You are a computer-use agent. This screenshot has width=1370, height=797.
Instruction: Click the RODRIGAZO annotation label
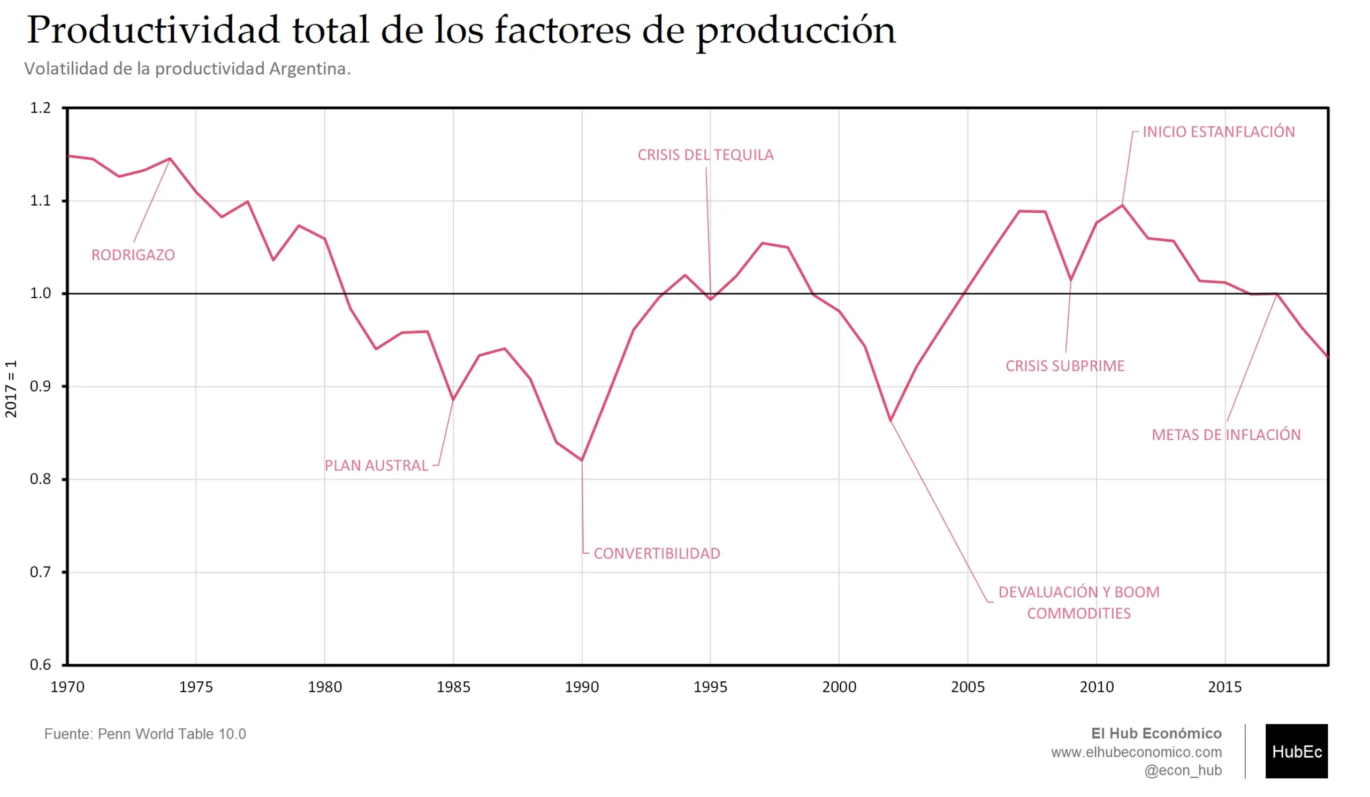(x=133, y=255)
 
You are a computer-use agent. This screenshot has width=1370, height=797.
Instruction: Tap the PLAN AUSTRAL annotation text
(x=376, y=465)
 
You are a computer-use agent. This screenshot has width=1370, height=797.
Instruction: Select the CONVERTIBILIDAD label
(x=657, y=554)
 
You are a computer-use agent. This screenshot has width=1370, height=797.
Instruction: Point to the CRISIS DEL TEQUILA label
(x=706, y=155)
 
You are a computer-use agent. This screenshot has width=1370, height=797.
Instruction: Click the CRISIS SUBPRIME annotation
(x=1065, y=366)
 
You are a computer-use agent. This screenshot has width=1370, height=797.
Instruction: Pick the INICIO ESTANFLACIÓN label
(x=1219, y=132)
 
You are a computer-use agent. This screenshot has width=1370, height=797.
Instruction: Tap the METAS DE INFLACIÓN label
(x=1227, y=435)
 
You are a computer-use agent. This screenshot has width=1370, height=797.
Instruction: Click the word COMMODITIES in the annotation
(x=1078, y=614)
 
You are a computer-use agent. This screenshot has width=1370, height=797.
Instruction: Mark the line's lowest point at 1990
(x=582, y=460)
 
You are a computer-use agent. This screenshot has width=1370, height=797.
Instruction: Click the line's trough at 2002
(x=890, y=420)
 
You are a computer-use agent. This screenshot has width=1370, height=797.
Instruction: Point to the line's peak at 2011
(x=1122, y=206)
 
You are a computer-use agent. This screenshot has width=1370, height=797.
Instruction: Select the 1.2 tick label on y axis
(x=40, y=108)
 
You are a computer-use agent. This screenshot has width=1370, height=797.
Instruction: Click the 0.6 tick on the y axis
(x=40, y=665)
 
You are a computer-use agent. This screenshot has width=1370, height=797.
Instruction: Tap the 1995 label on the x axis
(x=710, y=687)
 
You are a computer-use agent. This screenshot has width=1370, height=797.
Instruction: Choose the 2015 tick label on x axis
(x=1225, y=687)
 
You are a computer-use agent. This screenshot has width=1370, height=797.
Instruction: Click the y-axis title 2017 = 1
(x=11, y=389)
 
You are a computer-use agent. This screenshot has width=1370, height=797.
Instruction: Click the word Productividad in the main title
(x=153, y=31)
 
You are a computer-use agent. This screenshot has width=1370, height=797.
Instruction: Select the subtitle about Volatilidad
(x=187, y=69)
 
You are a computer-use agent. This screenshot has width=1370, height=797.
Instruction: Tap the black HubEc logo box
(x=1296, y=751)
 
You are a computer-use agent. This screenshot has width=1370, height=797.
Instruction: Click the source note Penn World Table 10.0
(x=172, y=734)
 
